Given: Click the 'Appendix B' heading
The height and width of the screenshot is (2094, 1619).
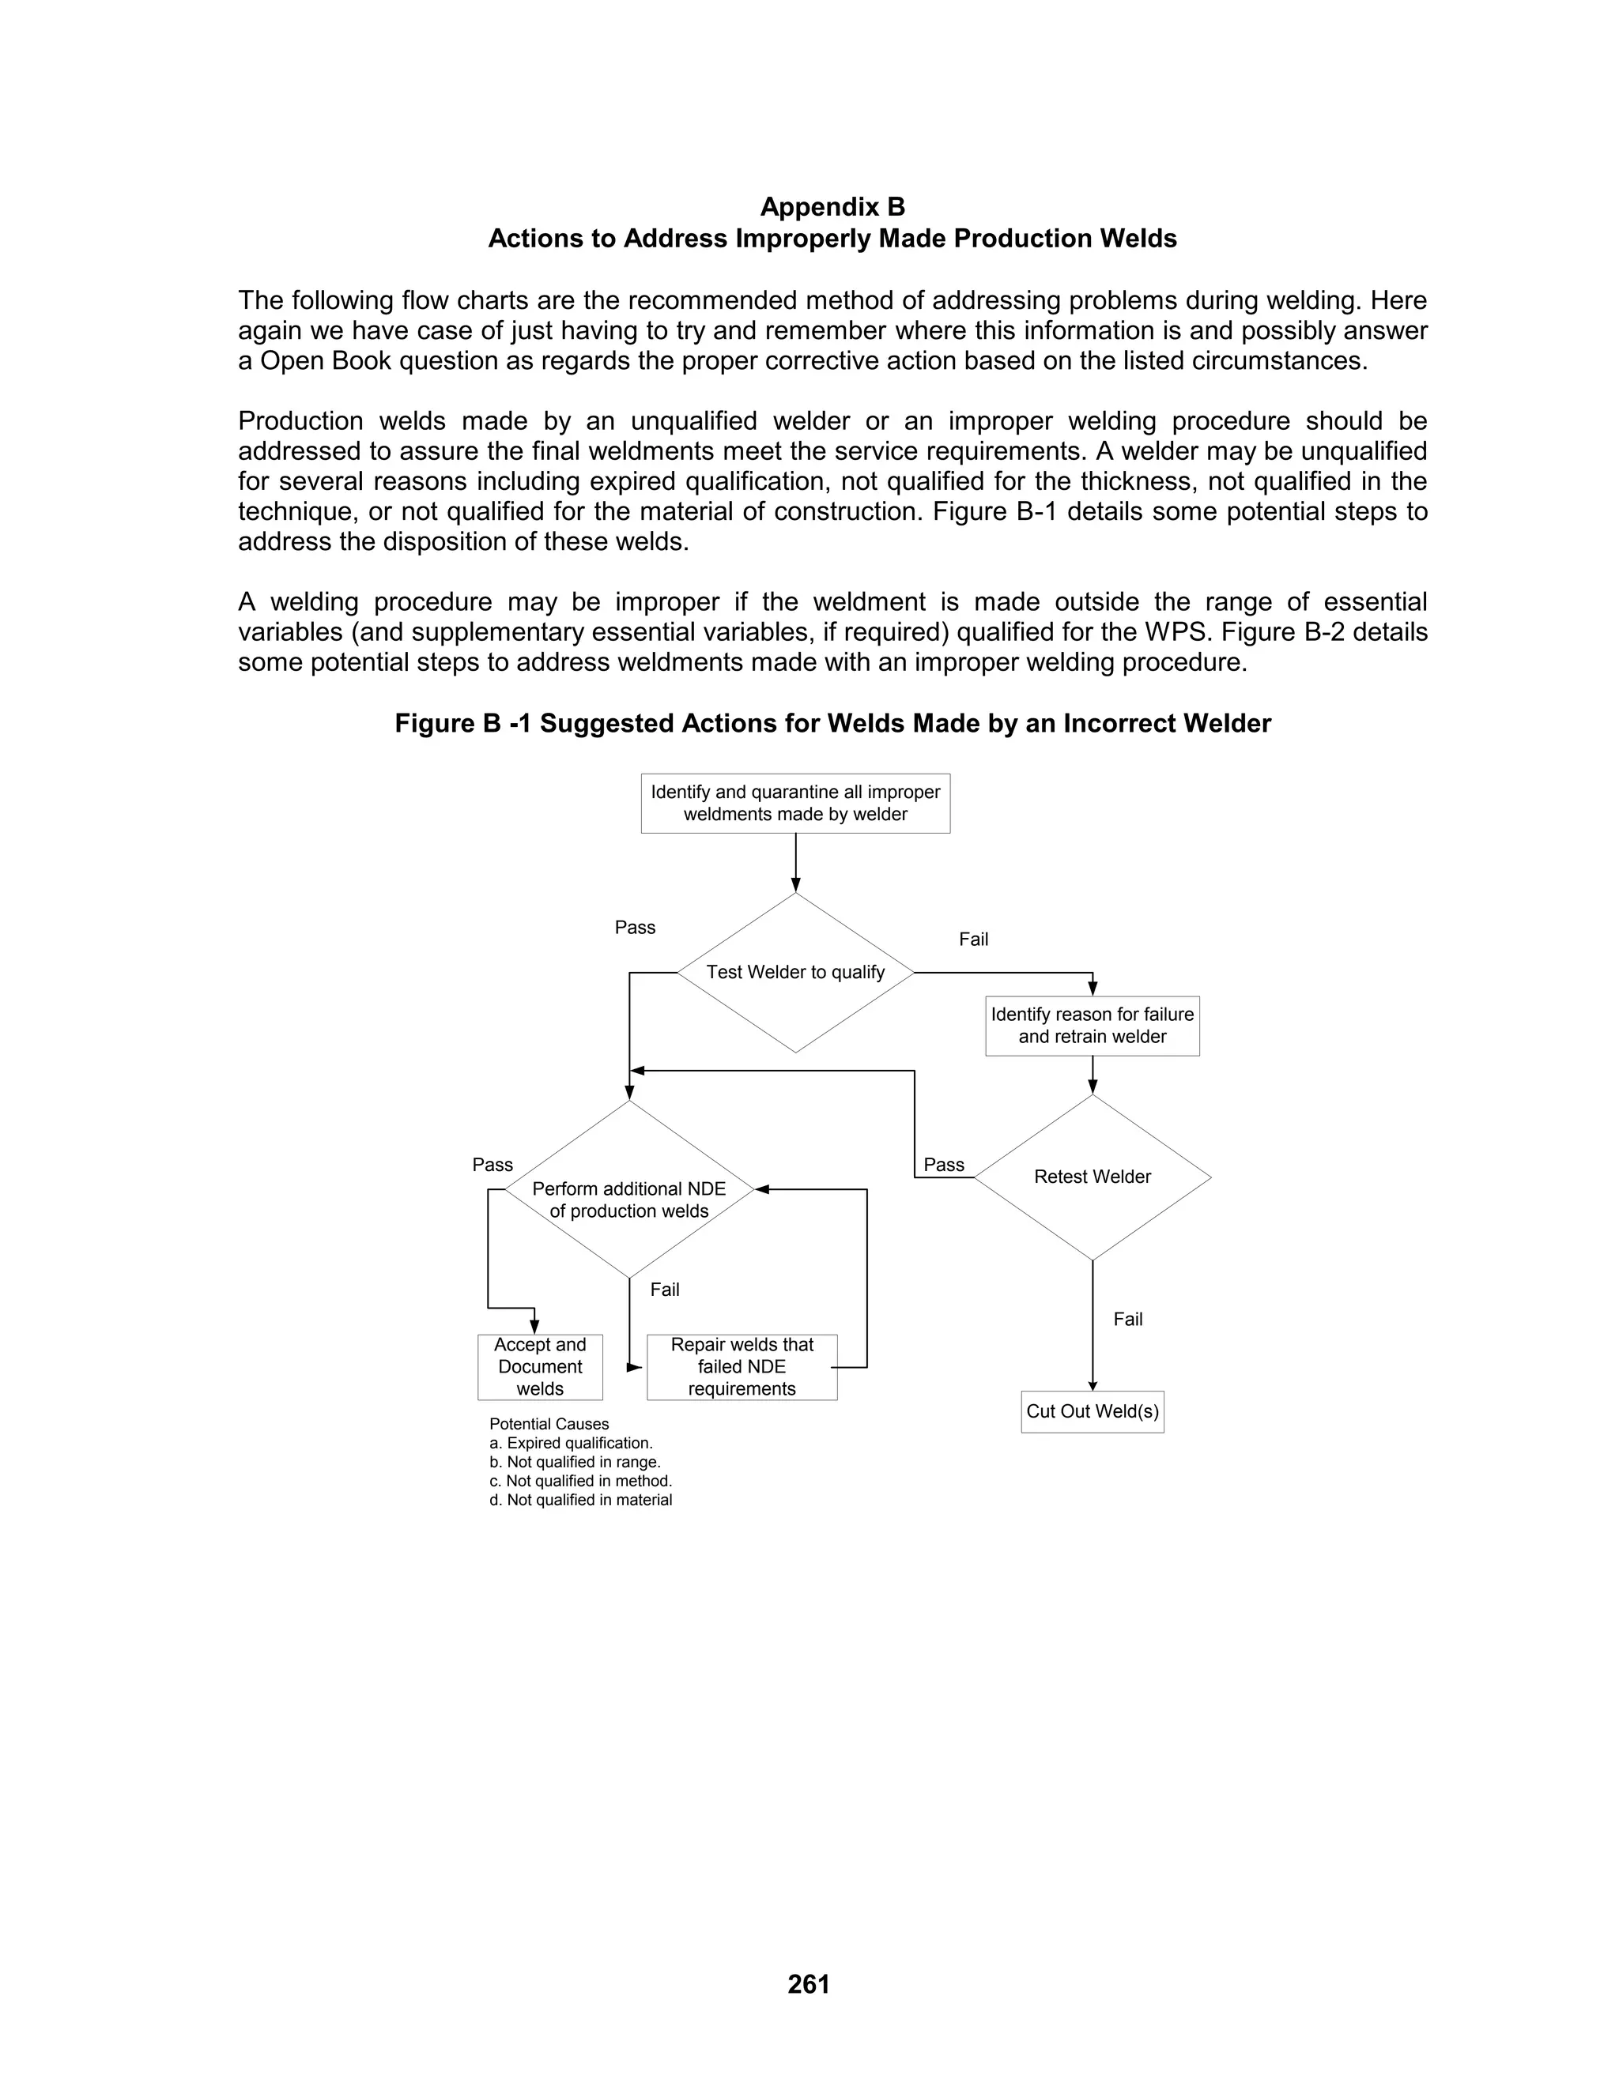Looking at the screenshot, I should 832,207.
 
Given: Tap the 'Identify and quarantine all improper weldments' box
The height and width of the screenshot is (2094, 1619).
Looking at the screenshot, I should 795,804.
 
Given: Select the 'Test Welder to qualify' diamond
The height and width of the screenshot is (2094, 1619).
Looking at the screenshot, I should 795,972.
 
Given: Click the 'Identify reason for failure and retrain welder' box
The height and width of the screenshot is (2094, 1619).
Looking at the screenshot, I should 1092,1026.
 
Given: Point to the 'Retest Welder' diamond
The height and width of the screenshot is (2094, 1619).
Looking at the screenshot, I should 1092,1177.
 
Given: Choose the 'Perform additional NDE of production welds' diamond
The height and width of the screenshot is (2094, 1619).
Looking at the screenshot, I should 628,1200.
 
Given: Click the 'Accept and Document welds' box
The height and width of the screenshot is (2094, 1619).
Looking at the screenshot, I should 540,1367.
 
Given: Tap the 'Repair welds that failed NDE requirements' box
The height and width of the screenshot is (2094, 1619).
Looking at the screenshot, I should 742,1367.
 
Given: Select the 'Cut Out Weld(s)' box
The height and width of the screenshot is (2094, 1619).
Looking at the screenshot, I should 1092,1411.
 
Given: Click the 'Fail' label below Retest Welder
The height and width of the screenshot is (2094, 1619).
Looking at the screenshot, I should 1128,1320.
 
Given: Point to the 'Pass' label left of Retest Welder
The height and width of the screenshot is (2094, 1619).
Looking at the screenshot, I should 944,1165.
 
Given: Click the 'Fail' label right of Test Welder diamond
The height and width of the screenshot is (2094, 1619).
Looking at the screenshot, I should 973,940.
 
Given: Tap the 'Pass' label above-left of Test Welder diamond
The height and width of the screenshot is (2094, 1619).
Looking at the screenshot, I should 635,927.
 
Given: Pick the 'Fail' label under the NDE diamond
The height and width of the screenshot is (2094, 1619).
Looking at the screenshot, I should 665,1290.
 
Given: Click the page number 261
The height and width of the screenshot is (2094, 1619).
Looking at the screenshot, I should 809,1983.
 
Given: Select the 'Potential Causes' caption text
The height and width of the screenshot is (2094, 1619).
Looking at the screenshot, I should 549,1425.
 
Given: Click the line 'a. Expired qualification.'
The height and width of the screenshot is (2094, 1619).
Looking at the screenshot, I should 571,1443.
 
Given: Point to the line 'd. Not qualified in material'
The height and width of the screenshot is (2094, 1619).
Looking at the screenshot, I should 580,1500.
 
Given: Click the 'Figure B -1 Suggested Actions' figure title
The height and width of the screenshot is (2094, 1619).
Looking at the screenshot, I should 832,724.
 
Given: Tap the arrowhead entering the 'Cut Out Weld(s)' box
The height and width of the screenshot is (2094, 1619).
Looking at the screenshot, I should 1093,1385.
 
